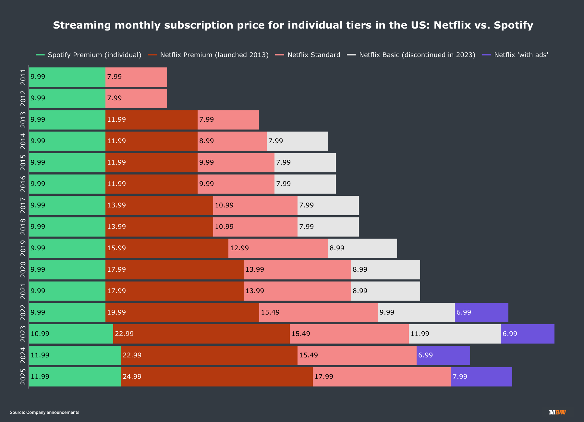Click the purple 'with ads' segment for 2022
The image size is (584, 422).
click(x=481, y=312)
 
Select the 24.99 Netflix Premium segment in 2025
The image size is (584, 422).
click(x=217, y=377)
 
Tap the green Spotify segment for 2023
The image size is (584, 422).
click(x=71, y=334)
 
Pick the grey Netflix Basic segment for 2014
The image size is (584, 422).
click(x=297, y=141)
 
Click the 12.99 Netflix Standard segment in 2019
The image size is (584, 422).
click(x=278, y=248)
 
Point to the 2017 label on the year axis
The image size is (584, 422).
click(x=23, y=205)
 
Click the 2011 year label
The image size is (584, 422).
click(x=23, y=77)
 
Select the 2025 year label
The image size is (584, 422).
click(x=23, y=377)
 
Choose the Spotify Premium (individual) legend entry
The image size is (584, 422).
click(x=89, y=55)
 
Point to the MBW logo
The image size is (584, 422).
click(x=557, y=412)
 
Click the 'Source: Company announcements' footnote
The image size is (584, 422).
click(x=44, y=412)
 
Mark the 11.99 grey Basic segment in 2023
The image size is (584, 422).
click(x=455, y=334)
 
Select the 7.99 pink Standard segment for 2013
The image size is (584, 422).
click(x=228, y=119)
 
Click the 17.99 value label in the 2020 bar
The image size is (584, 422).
click(x=116, y=269)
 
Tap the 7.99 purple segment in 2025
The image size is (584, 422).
click(x=481, y=377)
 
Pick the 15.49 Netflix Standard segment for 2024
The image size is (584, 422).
click(x=357, y=355)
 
